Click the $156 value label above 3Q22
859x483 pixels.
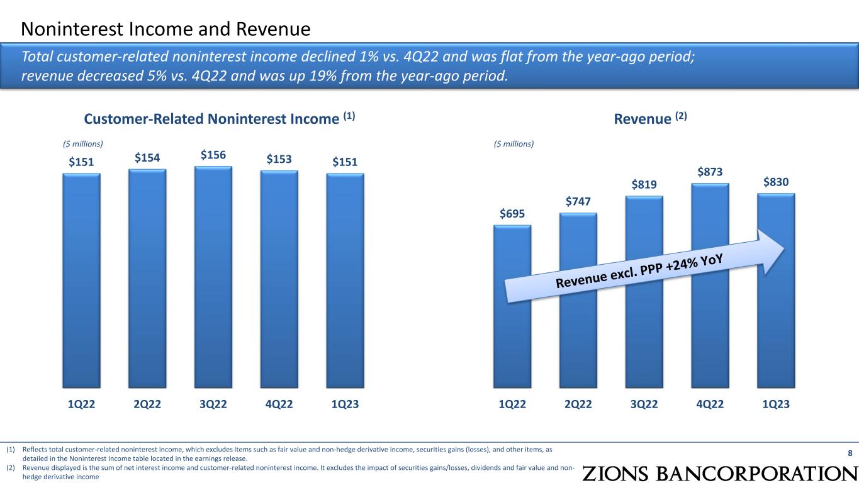[x=213, y=155]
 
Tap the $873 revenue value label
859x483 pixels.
[x=710, y=172]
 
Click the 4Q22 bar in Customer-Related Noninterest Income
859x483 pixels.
[x=279, y=279]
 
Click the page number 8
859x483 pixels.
[x=850, y=453]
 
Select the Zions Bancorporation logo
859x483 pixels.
[x=719, y=473]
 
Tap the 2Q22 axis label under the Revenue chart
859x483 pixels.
[x=578, y=404]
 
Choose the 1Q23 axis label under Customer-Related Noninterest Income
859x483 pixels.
[x=345, y=404]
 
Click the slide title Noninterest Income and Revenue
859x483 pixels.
[x=166, y=28]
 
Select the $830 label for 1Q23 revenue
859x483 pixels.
[x=775, y=182]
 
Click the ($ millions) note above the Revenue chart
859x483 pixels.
[x=514, y=144]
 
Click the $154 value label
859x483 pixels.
[x=147, y=158]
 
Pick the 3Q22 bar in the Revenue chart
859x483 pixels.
[x=644, y=296]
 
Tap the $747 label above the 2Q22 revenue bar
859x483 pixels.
[x=578, y=201]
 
